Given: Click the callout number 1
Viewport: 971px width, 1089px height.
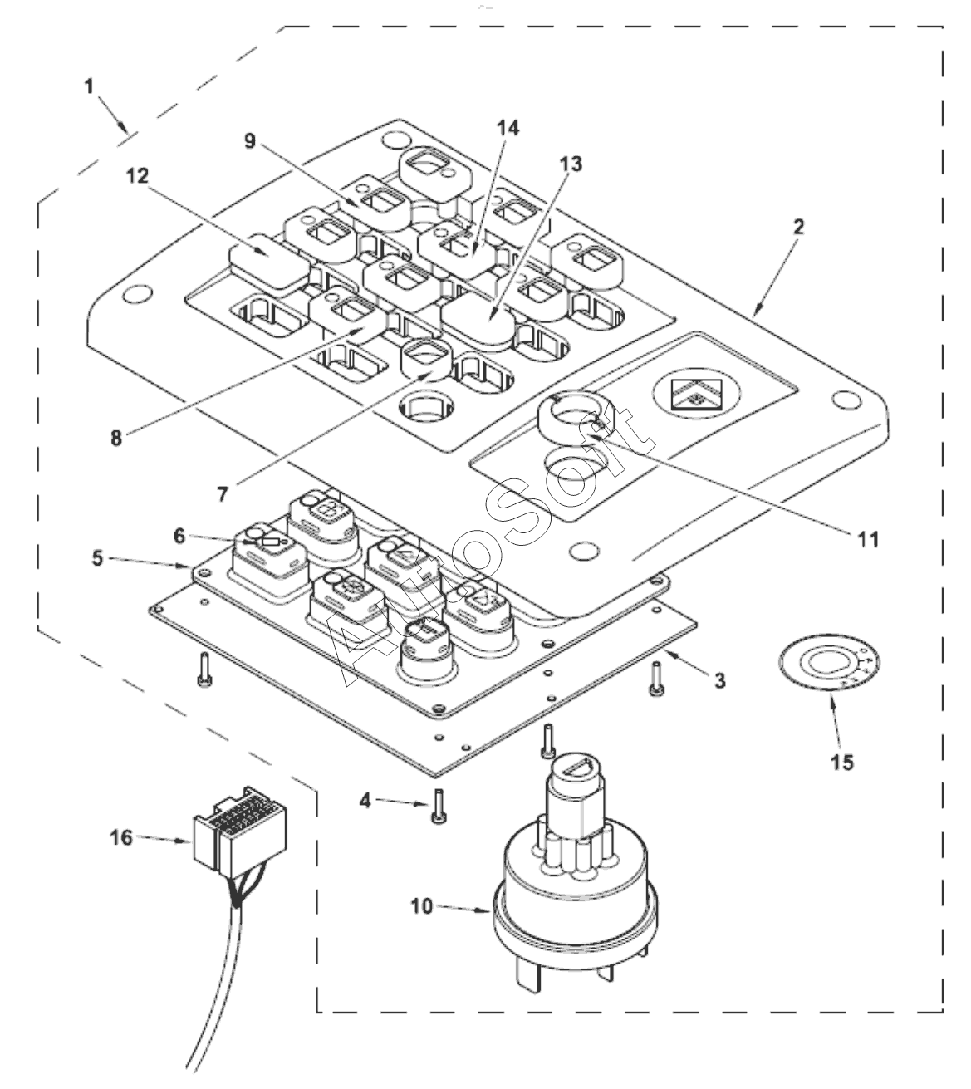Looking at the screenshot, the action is tap(89, 86).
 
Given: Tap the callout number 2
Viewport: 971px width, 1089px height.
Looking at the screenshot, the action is tap(798, 227).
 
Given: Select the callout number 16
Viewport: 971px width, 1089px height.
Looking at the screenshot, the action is tap(121, 837).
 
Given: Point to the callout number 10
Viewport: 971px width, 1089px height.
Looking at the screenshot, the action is tap(421, 906).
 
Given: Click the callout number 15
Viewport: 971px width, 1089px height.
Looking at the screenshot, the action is tap(842, 762).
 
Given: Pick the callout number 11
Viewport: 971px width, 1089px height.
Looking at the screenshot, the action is tap(868, 538).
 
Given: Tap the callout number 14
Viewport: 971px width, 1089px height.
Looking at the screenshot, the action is tap(508, 128).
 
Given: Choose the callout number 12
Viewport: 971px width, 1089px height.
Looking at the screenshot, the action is tap(137, 175).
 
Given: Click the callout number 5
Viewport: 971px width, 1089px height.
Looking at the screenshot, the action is tap(97, 558).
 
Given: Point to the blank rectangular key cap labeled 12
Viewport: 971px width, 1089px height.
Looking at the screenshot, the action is tap(269, 261).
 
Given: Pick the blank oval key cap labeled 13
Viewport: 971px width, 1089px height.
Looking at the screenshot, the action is tap(478, 320).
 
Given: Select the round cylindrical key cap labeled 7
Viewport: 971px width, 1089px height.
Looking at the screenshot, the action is tap(425, 359).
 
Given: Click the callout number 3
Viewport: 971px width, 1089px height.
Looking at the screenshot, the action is tap(720, 681).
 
